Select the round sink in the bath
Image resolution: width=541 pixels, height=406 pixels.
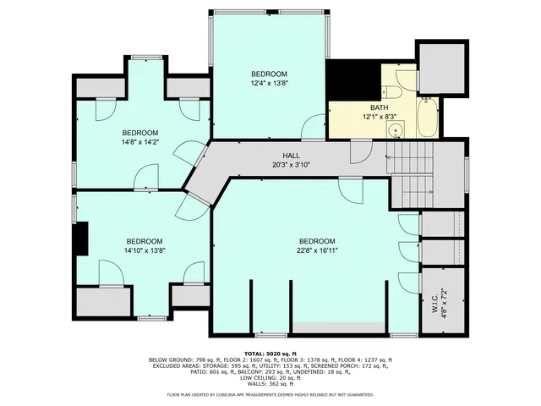coord(395,130)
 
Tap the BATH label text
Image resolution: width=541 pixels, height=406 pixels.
coord(379,107)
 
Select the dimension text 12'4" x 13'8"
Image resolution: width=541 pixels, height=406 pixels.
coord(269,83)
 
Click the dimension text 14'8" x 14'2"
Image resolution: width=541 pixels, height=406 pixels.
coord(140,142)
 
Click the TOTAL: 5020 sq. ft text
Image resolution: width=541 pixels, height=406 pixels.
coord(270,353)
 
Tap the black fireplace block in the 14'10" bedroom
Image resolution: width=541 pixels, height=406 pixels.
coord(81,238)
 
